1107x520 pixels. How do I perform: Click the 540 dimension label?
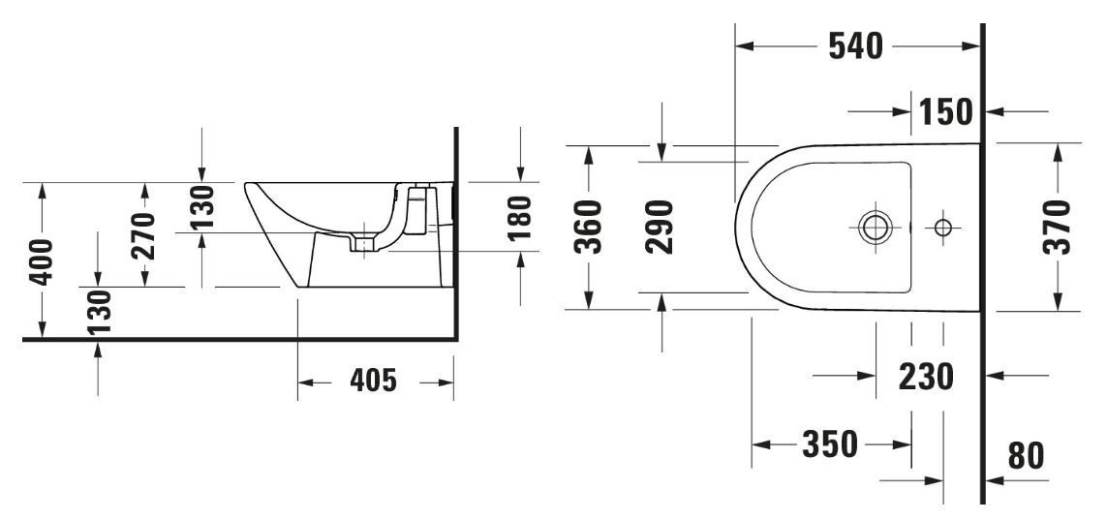click(x=854, y=46)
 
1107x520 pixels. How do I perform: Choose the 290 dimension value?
click(x=661, y=227)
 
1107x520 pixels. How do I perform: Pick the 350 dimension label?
click(x=830, y=444)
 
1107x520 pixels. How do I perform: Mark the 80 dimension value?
click(x=1026, y=455)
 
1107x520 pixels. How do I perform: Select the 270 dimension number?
click(x=144, y=235)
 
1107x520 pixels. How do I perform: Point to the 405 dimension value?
click(x=372, y=382)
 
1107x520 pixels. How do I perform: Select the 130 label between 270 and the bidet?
click(x=201, y=206)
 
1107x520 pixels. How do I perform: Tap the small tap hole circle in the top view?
click(x=942, y=228)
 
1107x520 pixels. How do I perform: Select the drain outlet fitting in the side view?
click(x=364, y=244)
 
